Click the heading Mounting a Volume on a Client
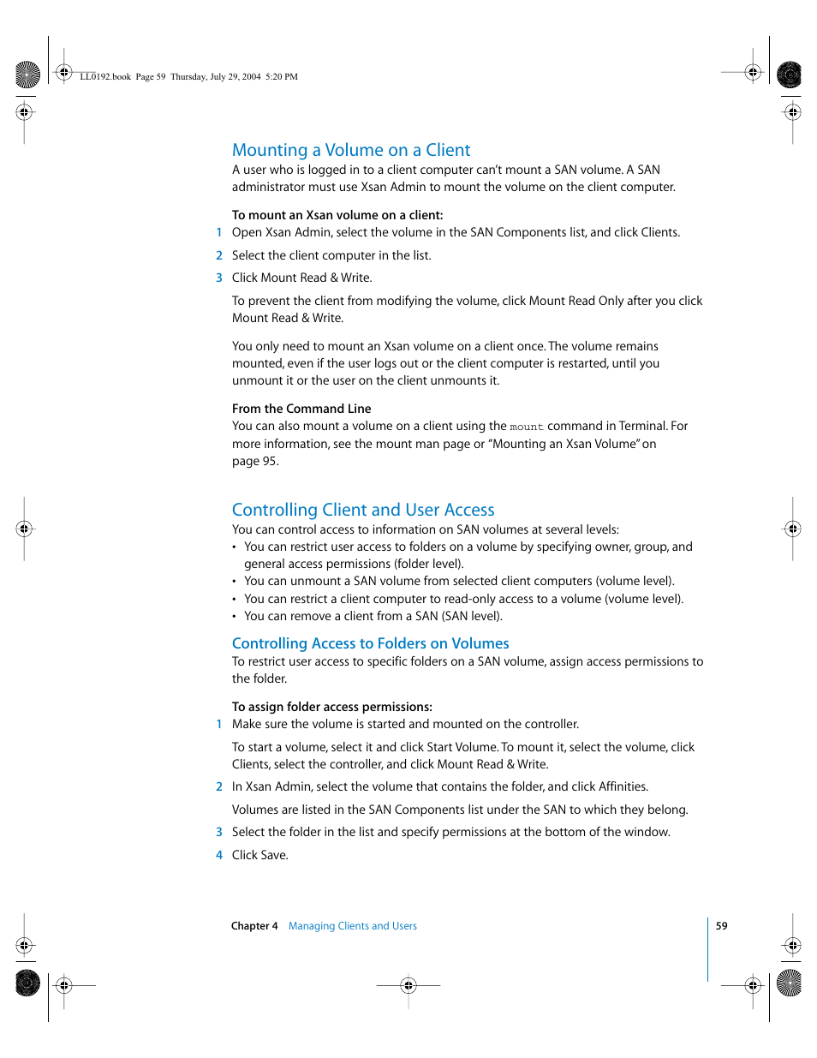coord(351,150)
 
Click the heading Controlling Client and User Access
coord(363,510)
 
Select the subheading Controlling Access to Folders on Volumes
coord(370,643)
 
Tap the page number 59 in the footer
coord(722,926)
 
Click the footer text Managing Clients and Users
coord(353,926)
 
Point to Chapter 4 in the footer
coord(254,926)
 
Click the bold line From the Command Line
coord(301,409)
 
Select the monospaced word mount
coord(527,427)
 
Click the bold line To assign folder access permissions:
coord(332,707)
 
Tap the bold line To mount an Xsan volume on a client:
coord(337,215)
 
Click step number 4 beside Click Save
coord(219,855)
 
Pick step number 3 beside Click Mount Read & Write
coord(219,278)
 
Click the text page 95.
coord(255,461)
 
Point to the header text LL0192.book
coord(105,77)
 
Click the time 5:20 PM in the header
coord(282,77)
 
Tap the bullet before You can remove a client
coord(235,617)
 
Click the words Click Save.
coord(260,855)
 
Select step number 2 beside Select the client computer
coord(219,255)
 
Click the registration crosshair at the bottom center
coord(408,985)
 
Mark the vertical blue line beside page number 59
coord(708,949)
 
